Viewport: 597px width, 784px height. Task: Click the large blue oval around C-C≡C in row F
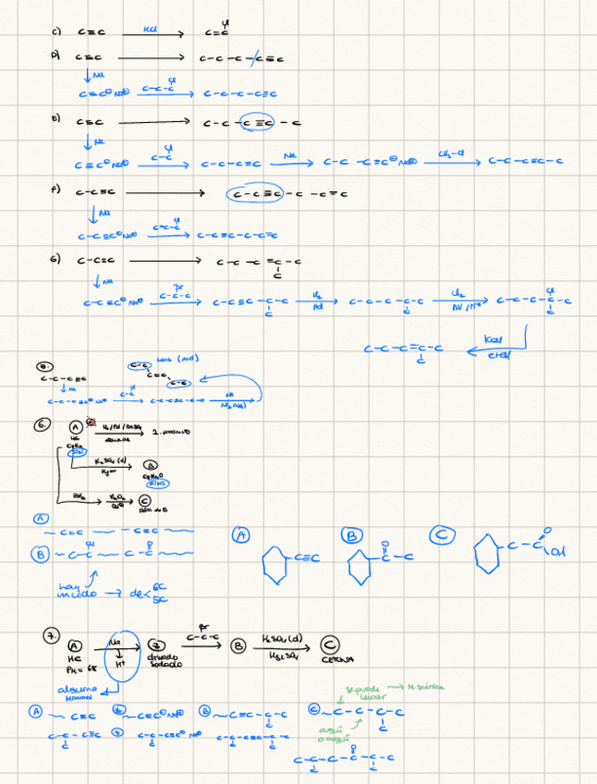pyautogui.click(x=262, y=195)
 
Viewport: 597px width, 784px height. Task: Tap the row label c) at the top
pyautogui.click(x=57, y=31)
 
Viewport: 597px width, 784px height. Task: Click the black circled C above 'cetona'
pyautogui.click(x=328, y=645)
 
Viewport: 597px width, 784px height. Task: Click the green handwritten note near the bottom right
pyautogui.click(x=388, y=689)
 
